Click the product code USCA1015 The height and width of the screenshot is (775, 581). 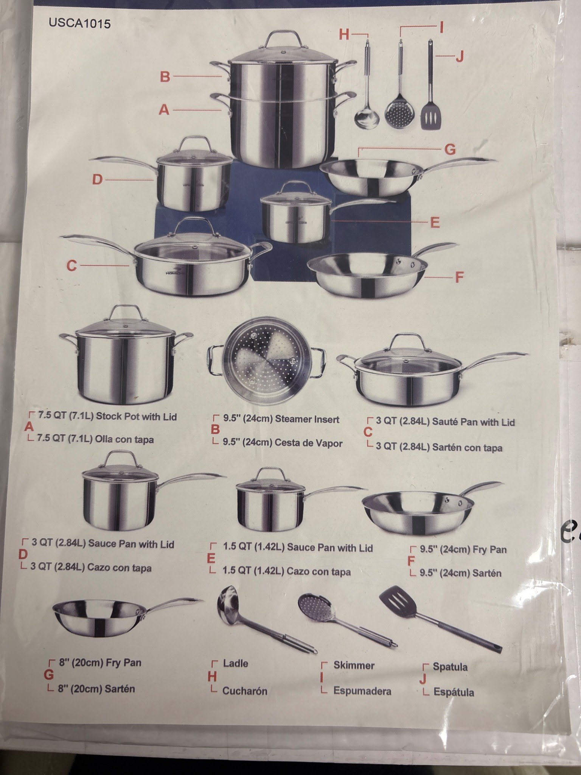click(x=79, y=23)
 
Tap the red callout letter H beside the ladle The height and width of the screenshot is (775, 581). click(x=344, y=34)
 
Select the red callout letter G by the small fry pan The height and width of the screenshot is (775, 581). click(x=450, y=150)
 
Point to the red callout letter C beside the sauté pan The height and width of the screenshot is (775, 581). click(x=71, y=266)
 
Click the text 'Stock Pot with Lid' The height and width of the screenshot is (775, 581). click(x=137, y=417)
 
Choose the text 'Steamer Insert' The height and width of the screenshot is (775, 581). click(x=307, y=419)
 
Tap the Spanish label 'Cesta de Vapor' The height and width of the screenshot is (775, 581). click(x=308, y=443)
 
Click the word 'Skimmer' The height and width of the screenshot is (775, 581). click(x=354, y=665)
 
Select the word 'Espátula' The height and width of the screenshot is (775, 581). click(x=454, y=692)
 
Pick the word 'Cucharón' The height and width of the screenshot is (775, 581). click(x=245, y=691)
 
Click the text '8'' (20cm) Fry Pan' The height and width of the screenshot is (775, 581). click(x=100, y=663)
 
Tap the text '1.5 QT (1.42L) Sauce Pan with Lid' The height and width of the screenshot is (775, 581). click(x=298, y=548)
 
